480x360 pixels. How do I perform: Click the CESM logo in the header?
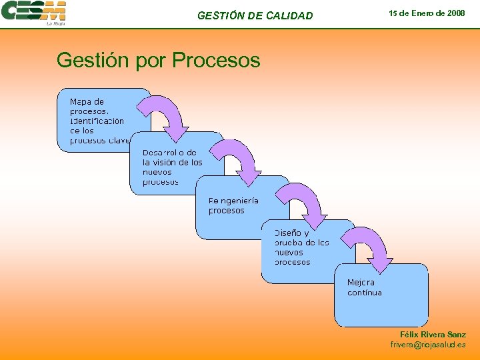(33, 11)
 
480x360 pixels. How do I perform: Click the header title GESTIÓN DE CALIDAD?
(255, 15)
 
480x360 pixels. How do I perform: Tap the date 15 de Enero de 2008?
(427, 13)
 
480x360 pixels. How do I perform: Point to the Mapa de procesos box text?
(97, 121)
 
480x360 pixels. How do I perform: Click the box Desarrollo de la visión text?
(172, 167)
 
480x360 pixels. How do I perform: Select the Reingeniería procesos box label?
(233, 205)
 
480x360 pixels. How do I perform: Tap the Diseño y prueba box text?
(301, 247)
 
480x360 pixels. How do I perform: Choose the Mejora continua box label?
(364, 287)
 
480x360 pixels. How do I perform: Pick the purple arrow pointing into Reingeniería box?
(238, 160)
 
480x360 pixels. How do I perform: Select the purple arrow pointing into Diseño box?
(304, 203)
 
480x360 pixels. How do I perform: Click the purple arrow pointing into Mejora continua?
(371, 248)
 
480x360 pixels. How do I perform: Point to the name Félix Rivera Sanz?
(433, 334)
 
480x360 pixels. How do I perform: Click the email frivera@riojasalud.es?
(428, 345)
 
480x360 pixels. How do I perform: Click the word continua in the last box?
(365, 293)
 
